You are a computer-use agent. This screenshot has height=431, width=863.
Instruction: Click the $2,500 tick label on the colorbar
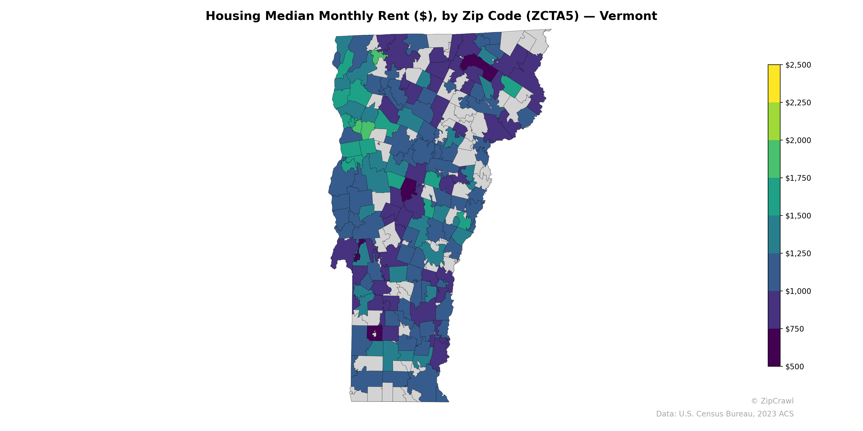[798, 65]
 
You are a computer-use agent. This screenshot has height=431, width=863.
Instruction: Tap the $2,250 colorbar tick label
[798, 103]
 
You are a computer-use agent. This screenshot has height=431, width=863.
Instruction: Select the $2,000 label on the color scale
[798, 140]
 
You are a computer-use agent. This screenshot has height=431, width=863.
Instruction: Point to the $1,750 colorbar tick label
[798, 178]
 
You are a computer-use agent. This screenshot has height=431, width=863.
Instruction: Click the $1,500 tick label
[798, 216]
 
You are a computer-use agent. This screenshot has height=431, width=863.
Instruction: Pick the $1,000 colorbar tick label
[798, 291]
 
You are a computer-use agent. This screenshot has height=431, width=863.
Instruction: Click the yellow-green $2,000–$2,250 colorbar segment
[774, 121]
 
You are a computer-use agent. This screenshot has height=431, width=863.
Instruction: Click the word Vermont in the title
[628, 16]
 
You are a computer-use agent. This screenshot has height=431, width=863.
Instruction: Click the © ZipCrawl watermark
[772, 401]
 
